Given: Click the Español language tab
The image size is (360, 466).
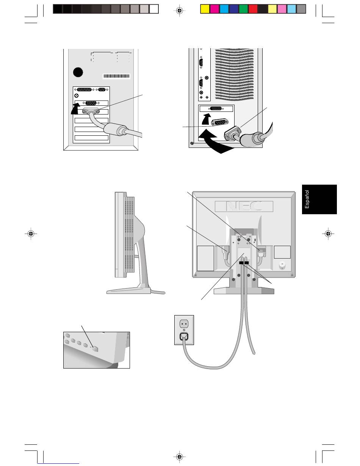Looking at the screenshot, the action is pos(319,199).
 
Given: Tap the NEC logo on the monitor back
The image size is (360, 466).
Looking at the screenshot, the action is pos(244,206).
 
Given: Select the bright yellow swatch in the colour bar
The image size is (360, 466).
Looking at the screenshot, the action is pos(204,9).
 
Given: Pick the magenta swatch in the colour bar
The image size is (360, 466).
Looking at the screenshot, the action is pos(214,9).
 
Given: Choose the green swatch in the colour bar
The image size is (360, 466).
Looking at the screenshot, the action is pos(243,9).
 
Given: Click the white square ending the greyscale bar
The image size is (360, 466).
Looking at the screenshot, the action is pos(153,9).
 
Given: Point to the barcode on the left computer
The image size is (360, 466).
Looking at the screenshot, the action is pos(116,76).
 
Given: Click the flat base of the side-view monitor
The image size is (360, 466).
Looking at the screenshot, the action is pos(129,291).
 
